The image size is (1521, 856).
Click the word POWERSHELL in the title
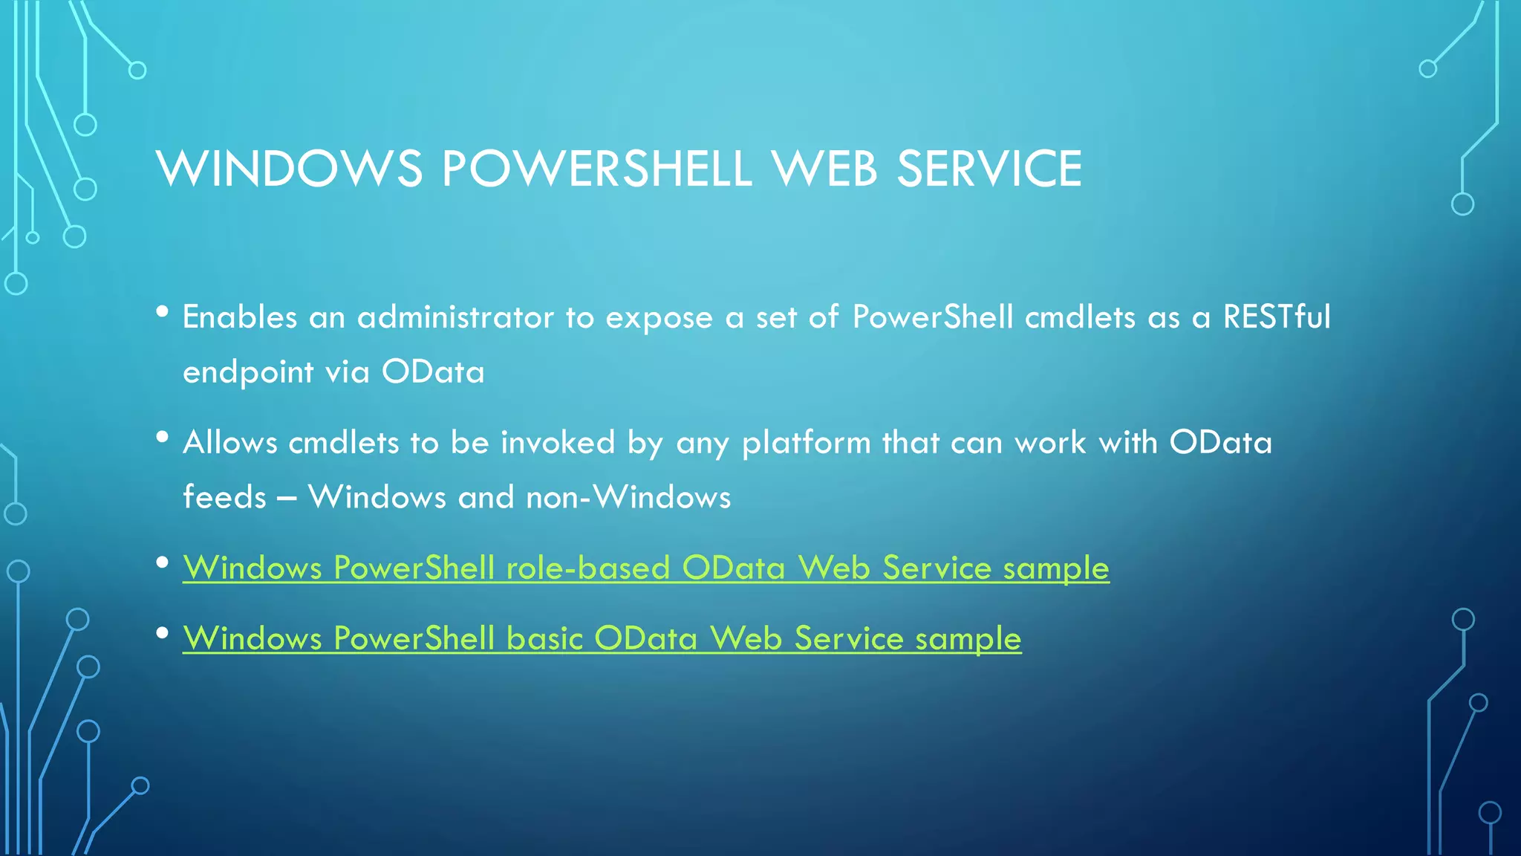(596, 169)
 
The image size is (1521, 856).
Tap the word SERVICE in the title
(989, 169)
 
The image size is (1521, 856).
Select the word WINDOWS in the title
(289, 169)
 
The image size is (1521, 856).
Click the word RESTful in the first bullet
(1277, 317)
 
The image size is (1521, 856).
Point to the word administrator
(455, 317)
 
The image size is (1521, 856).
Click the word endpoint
(248, 372)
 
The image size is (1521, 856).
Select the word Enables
(240, 317)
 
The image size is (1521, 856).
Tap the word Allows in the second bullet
(230, 443)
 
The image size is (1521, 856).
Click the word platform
(806, 444)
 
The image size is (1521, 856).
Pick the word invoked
(558, 443)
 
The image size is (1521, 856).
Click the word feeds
(224, 497)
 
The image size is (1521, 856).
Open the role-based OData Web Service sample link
(645, 568)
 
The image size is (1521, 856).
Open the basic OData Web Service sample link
(602, 639)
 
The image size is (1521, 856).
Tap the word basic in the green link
(544, 639)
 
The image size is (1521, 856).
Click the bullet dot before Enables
(163, 312)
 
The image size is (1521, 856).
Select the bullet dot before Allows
(163, 438)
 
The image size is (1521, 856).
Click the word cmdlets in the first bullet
(1080, 317)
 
